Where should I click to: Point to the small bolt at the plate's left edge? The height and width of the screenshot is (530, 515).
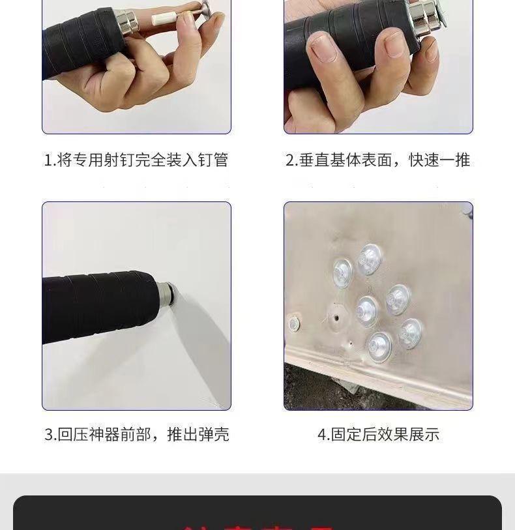click(293, 322)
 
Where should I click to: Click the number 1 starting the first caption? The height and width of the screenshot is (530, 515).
click(48, 160)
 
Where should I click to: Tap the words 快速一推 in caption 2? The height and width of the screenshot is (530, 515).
click(439, 160)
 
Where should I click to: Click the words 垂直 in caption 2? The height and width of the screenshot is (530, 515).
click(314, 160)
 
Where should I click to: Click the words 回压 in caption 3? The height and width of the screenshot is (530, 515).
click(73, 435)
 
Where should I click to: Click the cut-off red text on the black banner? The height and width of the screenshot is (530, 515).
click(257, 524)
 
